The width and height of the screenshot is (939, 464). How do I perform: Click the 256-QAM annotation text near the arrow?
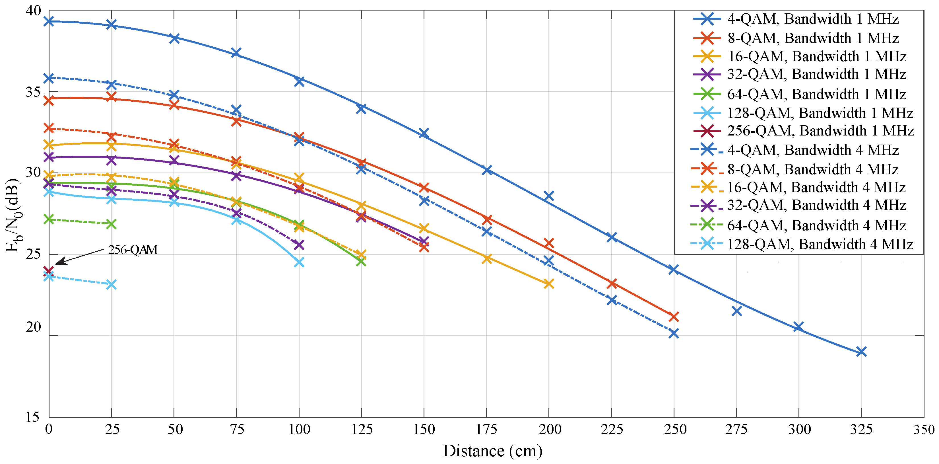click(133, 250)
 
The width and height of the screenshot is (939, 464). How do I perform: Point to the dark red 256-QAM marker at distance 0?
click(48, 271)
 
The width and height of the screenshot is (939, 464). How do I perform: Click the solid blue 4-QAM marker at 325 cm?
click(861, 352)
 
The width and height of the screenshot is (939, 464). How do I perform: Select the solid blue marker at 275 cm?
click(736, 311)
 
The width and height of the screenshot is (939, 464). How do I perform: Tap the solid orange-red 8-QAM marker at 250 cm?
click(674, 317)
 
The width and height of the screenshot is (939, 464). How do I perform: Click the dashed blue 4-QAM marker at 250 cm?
click(674, 333)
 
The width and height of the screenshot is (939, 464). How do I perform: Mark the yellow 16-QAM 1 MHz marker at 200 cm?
click(549, 284)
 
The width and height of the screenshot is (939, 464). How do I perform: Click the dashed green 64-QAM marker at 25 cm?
click(111, 224)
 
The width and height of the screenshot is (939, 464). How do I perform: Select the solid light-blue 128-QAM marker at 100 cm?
click(299, 262)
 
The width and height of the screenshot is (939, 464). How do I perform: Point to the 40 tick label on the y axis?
click(34, 11)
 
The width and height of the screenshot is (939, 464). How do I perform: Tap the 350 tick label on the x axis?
click(923, 429)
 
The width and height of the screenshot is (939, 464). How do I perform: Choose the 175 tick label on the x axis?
click(486, 429)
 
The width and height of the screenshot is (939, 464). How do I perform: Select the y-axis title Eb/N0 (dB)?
click(14, 215)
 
